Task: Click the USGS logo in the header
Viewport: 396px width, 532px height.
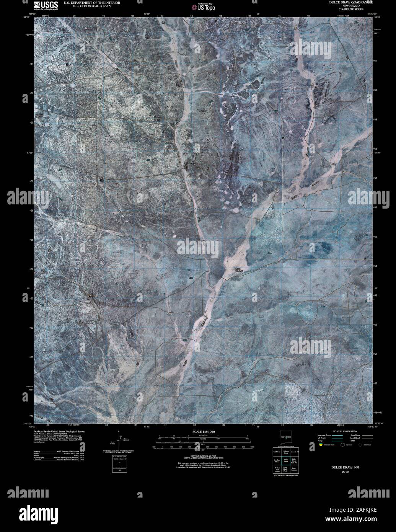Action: (46, 5)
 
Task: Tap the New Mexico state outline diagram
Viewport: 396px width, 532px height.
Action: (286, 438)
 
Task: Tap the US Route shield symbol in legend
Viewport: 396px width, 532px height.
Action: (344, 444)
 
